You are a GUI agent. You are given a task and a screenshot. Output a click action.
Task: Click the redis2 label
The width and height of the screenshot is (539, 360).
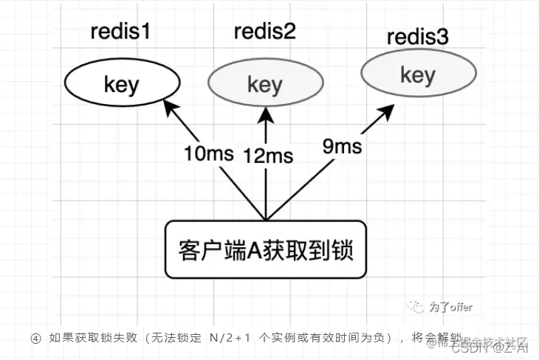tap(264, 32)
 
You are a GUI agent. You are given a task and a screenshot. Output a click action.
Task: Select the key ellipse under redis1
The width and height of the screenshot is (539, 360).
tap(121, 84)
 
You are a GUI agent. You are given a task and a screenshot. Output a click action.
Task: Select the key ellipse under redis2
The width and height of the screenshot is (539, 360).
tap(264, 84)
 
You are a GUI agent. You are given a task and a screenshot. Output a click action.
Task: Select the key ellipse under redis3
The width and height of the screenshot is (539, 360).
tap(417, 75)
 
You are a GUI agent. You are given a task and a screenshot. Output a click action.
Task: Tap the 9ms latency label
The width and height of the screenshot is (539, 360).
tap(342, 146)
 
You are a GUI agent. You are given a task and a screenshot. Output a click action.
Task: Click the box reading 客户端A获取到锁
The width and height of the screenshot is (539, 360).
tap(264, 249)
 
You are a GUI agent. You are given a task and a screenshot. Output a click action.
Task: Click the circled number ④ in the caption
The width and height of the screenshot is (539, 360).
tap(35, 339)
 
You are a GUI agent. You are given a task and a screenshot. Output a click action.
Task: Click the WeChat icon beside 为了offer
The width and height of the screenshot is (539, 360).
tap(419, 307)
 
